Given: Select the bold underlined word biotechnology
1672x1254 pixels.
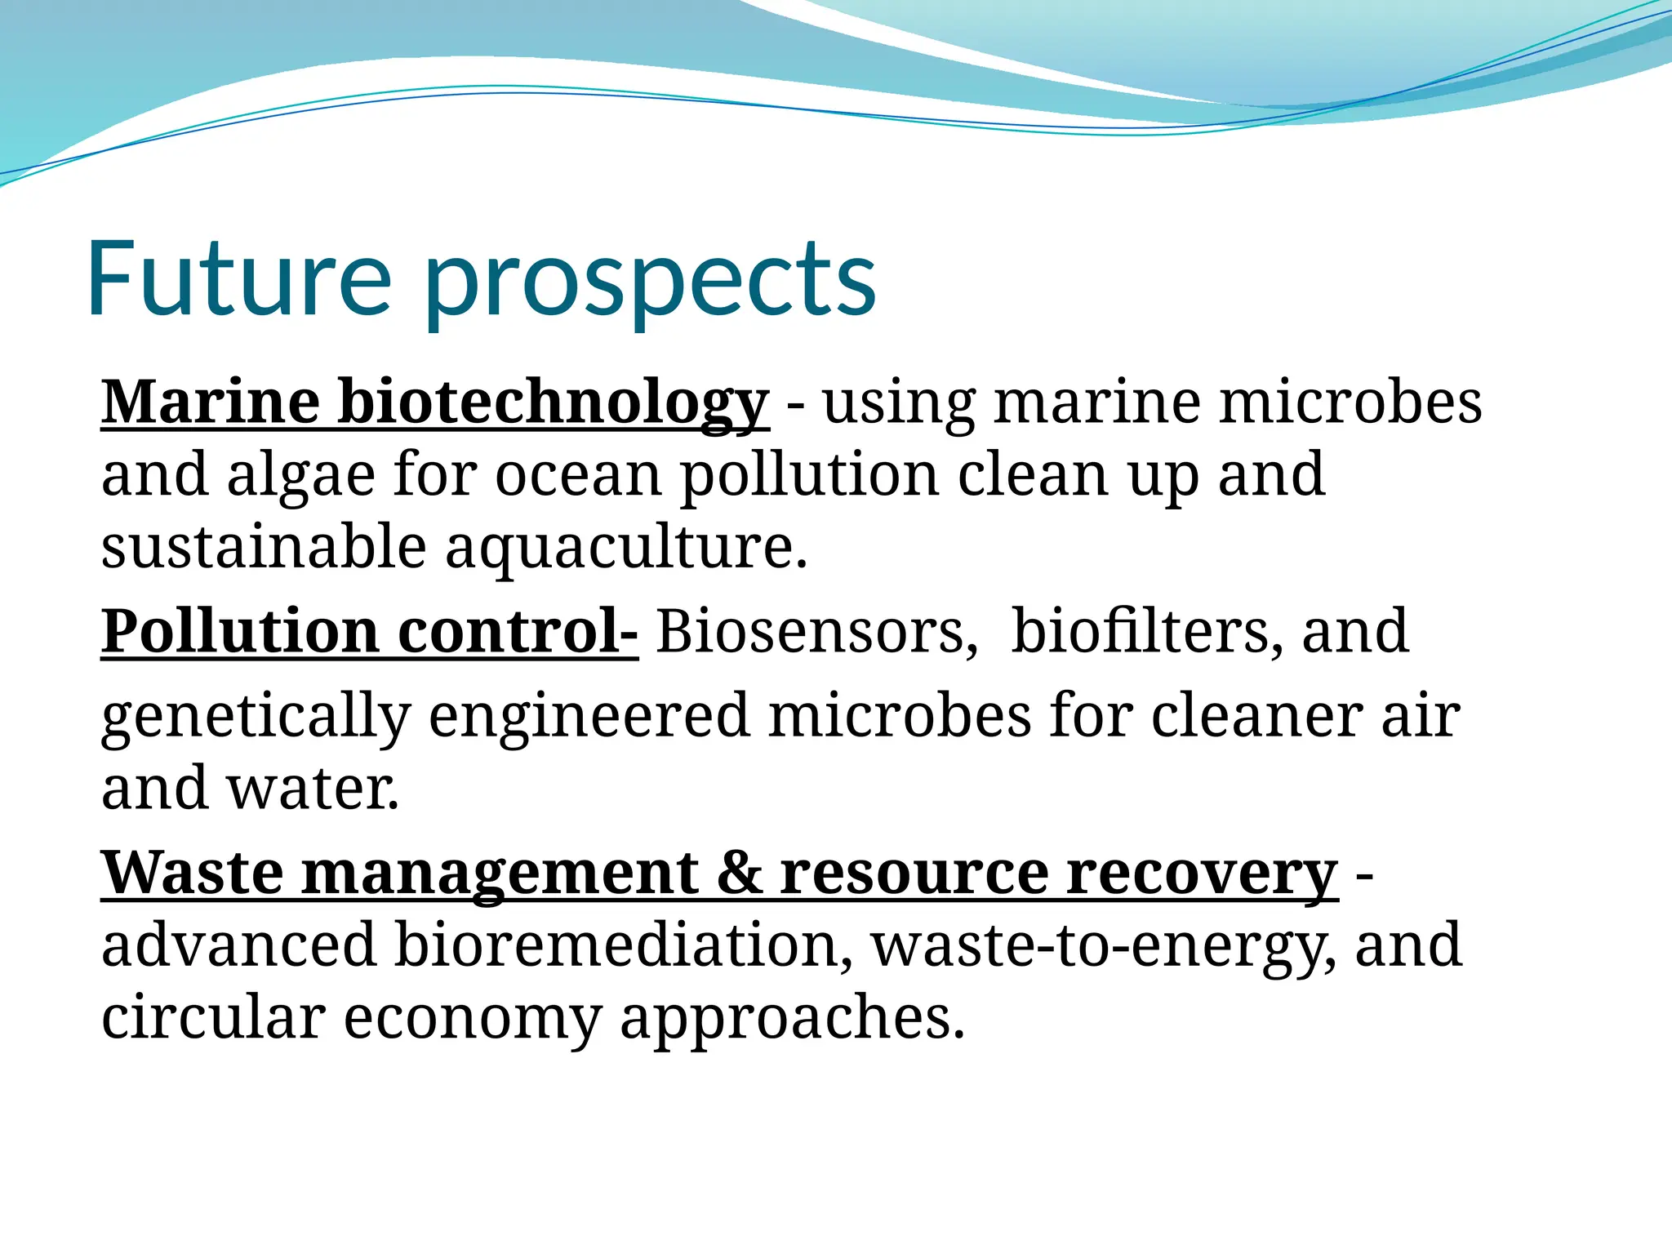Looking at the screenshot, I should tap(553, 402).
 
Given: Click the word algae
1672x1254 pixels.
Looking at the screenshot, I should tap(300, 476).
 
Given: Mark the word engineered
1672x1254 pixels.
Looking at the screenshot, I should tap(589, 715).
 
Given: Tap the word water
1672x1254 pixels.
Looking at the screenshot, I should tap(312, 788).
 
